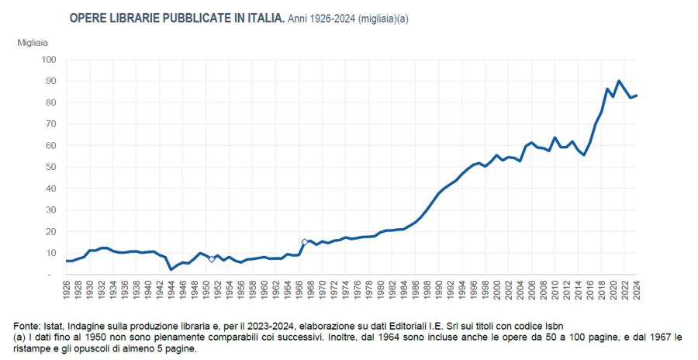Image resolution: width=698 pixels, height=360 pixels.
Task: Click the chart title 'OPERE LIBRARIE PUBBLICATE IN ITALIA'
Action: pyautogui.click(x=177, y=17)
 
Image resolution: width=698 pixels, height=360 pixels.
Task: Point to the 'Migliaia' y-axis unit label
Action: pyautogui.click(x=33, y=42)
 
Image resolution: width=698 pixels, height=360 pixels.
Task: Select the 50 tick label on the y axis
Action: pyautogui.click(x=50, y=167)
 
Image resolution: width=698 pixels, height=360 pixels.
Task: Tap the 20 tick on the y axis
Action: pyautogui.click(x=50, y=231)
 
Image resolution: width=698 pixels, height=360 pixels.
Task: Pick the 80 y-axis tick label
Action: pyautogui.click(x=50, y=102)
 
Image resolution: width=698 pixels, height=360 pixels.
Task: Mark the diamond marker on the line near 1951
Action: pyautogui.click(x=212, y=259)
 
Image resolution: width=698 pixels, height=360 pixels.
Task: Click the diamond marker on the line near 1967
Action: pyautogui.click(x=305, y=242)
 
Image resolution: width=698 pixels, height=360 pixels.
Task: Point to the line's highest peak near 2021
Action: pyautogui.click(x=619, y=81)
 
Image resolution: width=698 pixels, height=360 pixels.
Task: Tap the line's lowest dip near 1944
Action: pyautogui.click(x=171, y=269)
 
